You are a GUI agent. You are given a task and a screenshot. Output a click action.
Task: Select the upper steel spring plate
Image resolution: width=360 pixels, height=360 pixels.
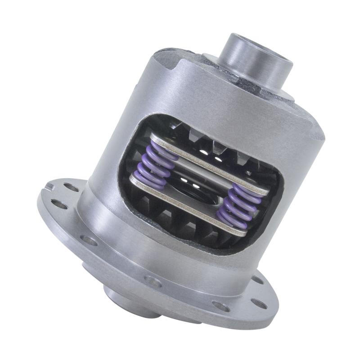pyautogui.click(x=211, y=162)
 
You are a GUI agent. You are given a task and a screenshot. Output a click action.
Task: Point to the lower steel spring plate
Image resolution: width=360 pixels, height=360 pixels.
pyautogui.click(x=189, y=205)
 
